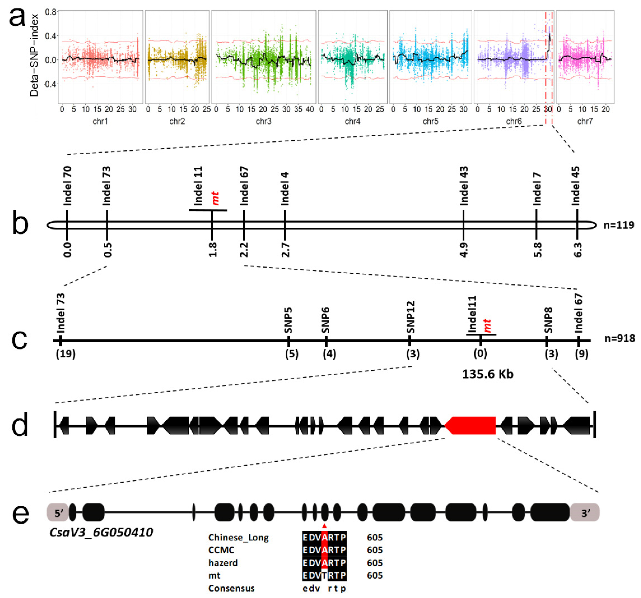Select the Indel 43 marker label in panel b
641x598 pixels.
point(464,186)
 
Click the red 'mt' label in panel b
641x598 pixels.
point(215,198)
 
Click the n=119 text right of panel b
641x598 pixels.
point(619,225)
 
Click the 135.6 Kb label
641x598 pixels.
point(487,374)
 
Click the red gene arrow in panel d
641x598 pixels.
point(471,425)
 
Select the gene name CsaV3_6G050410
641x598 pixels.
point(101,532)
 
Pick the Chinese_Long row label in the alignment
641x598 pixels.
point(238,538)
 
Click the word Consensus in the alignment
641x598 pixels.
point(231,588)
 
